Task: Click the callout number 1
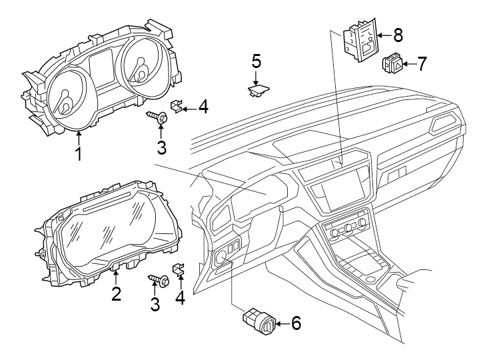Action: (78, 155)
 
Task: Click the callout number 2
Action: (116, 293)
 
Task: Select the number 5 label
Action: (256, 62)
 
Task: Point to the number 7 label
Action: (422, 64)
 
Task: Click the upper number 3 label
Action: (160, 145)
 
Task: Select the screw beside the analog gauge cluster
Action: (159, 117)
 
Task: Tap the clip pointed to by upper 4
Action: (178, 105)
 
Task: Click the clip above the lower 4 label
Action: (178, 271)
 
